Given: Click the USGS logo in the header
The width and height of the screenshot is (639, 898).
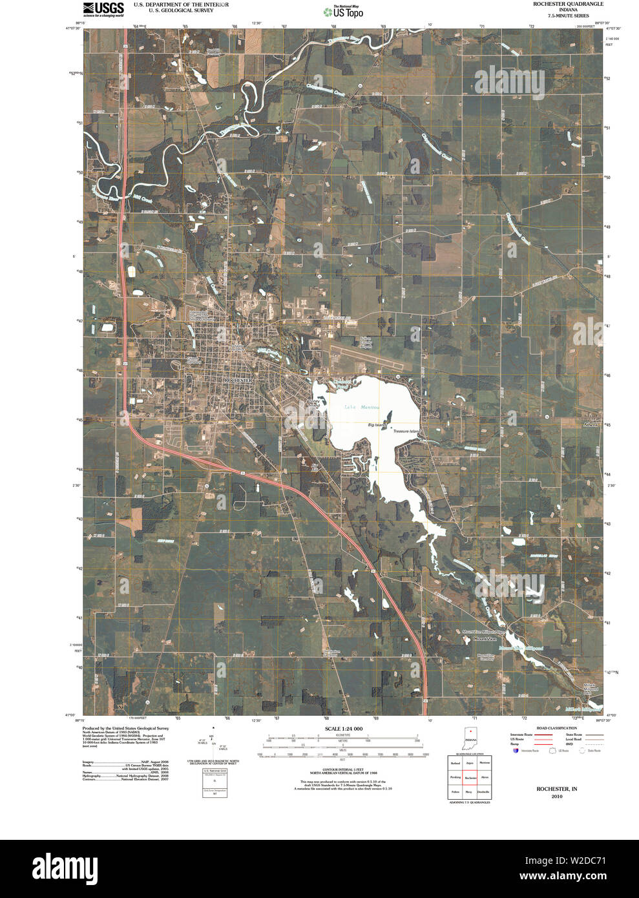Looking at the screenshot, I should click(x=103, y=9).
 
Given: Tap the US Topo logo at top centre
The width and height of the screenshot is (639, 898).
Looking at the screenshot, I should click(x=344, y=11).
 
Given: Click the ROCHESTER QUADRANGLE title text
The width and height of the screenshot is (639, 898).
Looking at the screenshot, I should click(x=568, y=4).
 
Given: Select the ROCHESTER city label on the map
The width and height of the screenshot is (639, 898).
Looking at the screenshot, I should click(x=237, y=381).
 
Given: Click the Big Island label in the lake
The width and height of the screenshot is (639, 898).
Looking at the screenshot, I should click(x=377, y=425).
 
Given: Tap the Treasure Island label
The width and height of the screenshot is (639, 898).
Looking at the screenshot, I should click(x=406, y=431).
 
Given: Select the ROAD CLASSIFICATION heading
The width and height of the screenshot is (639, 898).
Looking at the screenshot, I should click(x=542, y=728).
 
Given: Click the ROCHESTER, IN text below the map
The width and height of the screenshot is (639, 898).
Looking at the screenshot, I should click(x=556, y=789).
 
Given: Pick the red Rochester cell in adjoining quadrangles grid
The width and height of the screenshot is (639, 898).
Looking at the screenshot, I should click(x=470, y=778).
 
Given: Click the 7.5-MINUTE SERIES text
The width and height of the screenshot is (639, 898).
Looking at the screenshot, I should click(x=568, y=16).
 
